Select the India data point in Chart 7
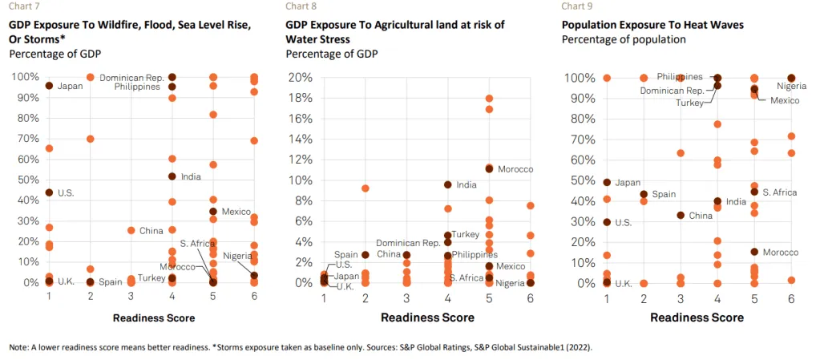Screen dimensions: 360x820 (x=172, y=176)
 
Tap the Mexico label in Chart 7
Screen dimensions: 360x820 (x=236, y=212)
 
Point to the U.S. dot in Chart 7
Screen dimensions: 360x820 (x=49, y=192)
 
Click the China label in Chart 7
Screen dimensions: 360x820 (x=151, y=231)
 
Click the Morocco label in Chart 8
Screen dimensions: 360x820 (x=515, y=169)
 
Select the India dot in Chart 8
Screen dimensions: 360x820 (x=448, y=184)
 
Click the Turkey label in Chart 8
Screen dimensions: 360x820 (x=465, y=235)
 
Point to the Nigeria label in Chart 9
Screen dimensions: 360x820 (x=792, y=86)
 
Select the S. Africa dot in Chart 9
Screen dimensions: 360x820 (x=753, y=192)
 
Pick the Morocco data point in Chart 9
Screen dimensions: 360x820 (x=753, y=252)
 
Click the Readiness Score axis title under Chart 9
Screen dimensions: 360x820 (x=697, y=317)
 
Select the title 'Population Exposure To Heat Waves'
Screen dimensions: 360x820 (x=652, y=25)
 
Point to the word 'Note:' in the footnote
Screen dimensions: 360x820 (x=18, y=346)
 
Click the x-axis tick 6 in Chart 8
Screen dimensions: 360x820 (x=531, y=297)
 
